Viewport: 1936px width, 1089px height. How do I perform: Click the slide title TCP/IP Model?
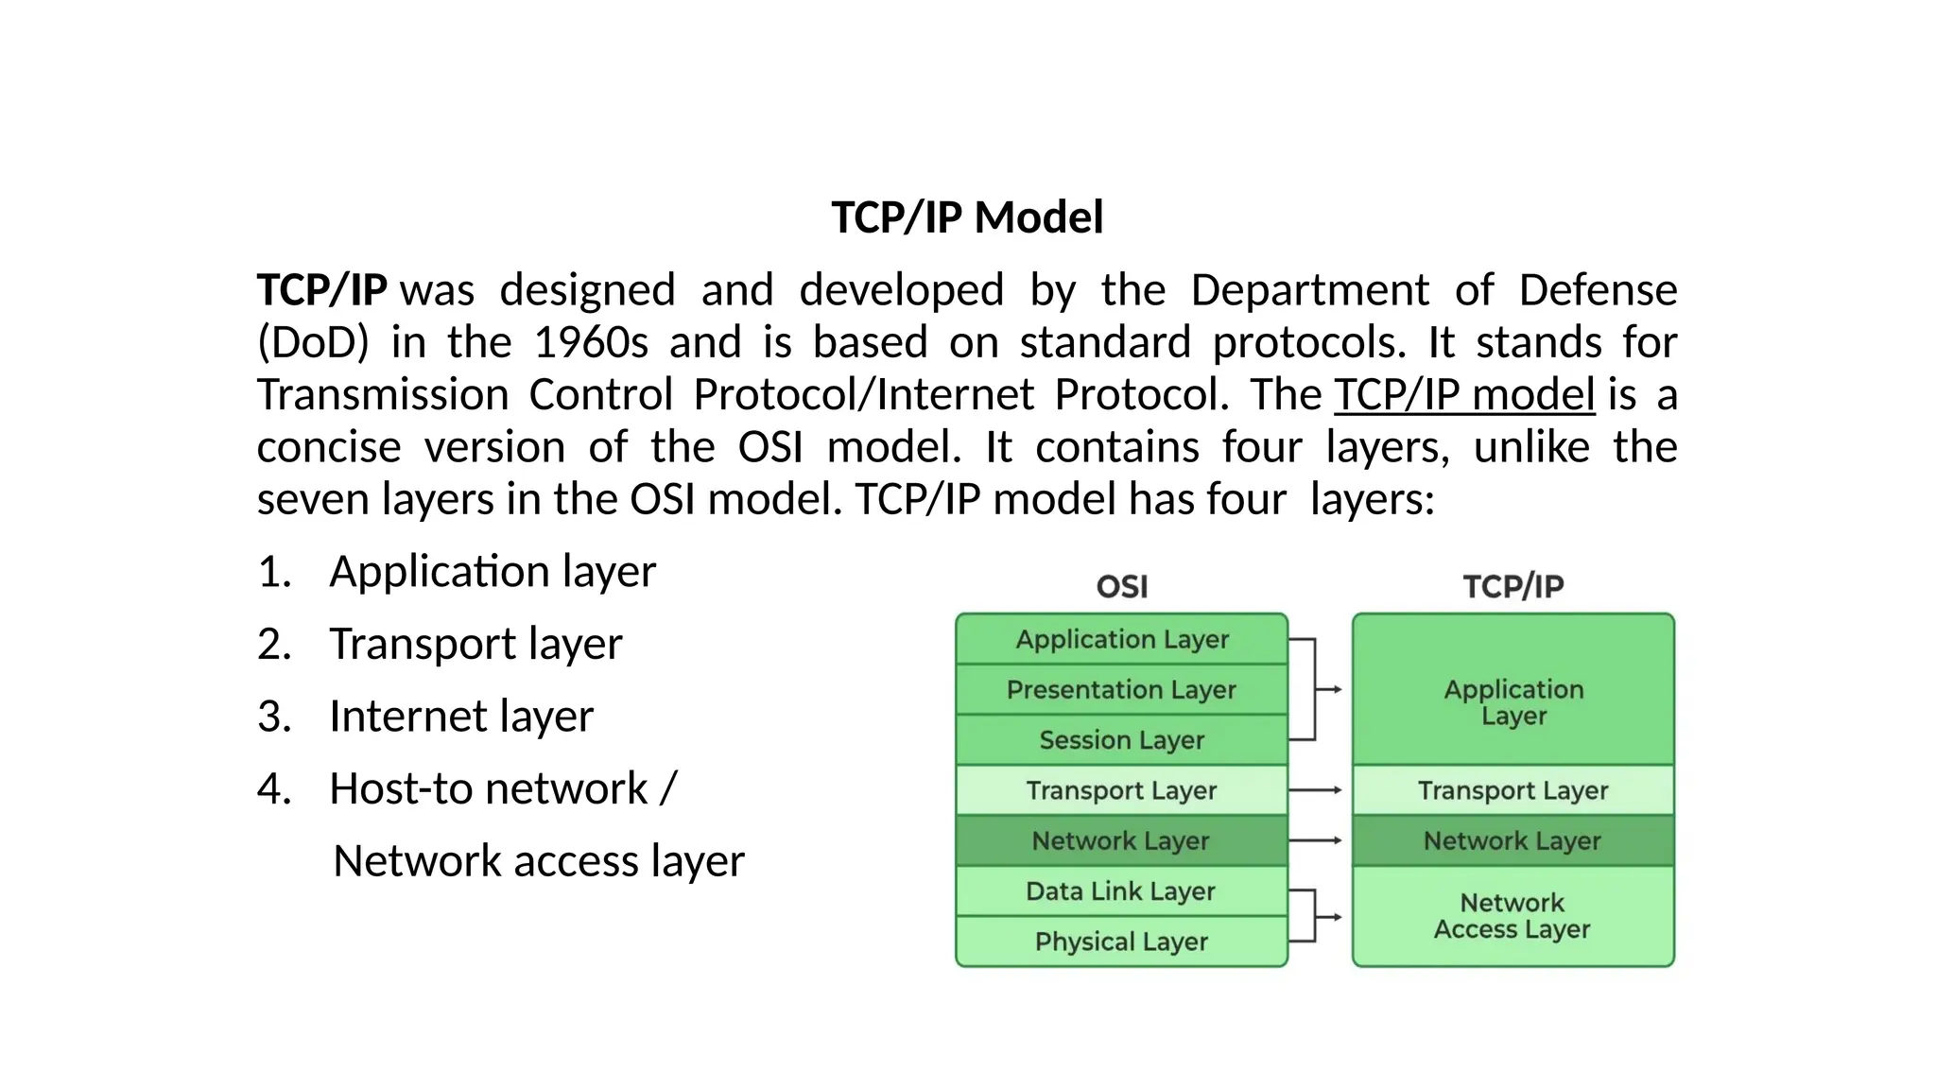(967, 217)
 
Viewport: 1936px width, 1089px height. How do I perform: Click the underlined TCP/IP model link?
(1464, 394)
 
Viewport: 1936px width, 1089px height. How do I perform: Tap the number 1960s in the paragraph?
(591, 342)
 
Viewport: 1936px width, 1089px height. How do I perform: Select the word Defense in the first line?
(1598, 290)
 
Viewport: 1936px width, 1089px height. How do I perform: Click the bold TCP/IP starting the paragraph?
(322, 290)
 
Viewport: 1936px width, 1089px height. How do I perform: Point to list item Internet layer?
(460, 716)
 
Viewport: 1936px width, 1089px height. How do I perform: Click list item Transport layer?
(475, 644)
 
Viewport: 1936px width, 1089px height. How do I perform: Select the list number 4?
(274, 788)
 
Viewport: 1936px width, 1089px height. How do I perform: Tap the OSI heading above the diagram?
(1122, 586)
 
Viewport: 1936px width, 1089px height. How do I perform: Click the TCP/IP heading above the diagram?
(1512, 586)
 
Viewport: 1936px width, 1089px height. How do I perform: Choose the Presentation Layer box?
(1121, 690)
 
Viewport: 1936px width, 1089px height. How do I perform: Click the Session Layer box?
(1121, 740)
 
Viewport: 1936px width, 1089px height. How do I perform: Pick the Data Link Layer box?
(1121, 891)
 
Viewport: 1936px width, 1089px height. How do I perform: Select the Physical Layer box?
(1121, 942)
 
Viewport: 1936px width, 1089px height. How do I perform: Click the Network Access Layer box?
(1512, 916)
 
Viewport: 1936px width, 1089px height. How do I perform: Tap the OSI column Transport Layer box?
(1121, 790)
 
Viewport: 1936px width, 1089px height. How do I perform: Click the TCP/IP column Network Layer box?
(1512, 840)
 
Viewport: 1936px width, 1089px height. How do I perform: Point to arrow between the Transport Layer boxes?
(1317, 790)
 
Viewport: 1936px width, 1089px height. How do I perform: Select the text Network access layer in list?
(539, 861)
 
